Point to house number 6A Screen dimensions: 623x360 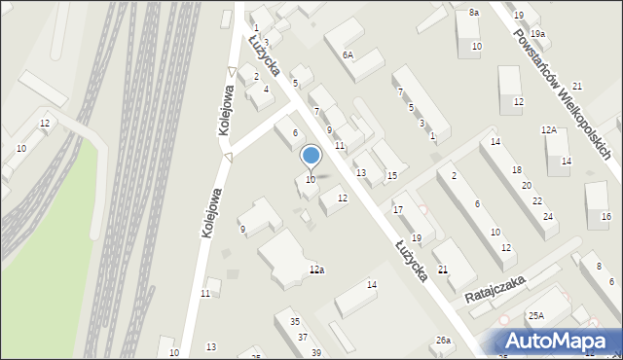348,55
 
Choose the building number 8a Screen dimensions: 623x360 474,12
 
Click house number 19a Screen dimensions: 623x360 537,34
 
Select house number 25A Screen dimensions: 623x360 535,316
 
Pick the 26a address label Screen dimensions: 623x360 443,341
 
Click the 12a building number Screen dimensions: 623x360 316,270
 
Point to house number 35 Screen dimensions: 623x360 294,322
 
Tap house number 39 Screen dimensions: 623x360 315,352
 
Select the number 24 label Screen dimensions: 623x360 549,216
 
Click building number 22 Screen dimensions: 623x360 537,200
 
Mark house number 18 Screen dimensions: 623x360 516,170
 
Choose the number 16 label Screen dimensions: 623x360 605,216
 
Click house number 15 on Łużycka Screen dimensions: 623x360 391,176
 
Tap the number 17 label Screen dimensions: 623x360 397,209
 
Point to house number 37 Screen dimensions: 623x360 303,338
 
